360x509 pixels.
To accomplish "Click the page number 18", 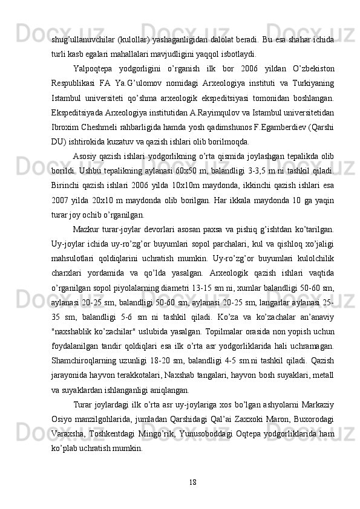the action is (192, 481).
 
